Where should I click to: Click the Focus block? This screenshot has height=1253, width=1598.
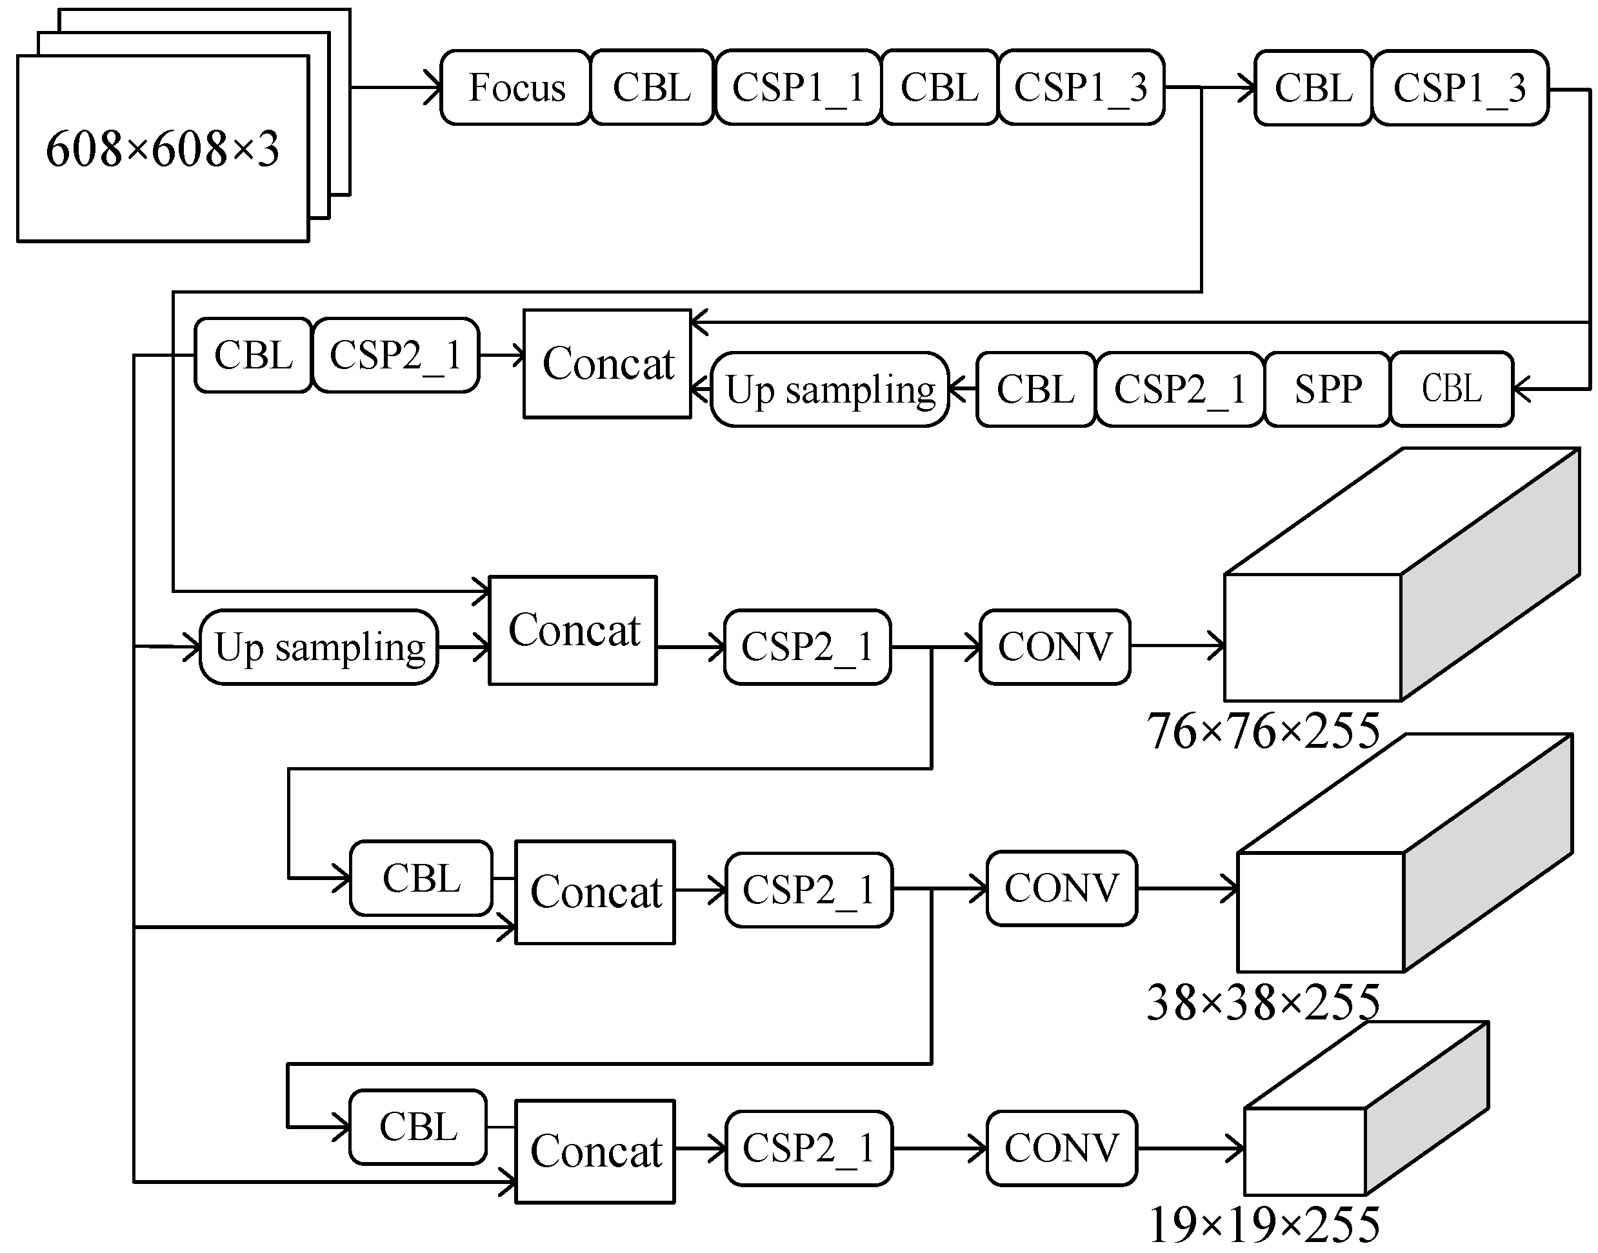[x=515, y=87]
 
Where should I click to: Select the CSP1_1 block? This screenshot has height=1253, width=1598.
[x=798, y=87]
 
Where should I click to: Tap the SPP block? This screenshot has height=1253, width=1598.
[x=1328, y=389]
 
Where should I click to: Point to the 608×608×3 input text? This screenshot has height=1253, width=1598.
[x=162, y=149]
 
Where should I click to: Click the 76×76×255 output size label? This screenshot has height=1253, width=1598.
[x=1263, y=732]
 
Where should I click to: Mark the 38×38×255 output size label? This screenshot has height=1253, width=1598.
[x=1263, y=1002]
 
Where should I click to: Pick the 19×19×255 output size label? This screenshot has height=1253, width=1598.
[x=1263, y=1224]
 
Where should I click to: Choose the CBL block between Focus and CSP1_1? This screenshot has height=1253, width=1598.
[x=651, y=87]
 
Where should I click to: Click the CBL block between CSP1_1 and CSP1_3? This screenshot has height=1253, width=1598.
[x=939, y=87]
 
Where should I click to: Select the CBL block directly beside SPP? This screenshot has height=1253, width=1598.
[x=1452, y=389]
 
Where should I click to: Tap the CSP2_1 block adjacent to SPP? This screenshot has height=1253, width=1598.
[x=1180, y=389]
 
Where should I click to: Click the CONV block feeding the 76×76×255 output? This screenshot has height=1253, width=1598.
[x=1055, y=647]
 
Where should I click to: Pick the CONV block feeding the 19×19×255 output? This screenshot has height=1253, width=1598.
[x=1061, y=1148]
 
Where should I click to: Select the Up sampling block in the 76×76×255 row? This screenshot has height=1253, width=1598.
[x=319, y=647]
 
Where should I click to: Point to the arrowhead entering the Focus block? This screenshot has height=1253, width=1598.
[x=433, y=87]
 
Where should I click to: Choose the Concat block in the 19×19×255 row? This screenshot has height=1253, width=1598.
[x=595, y=1151]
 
